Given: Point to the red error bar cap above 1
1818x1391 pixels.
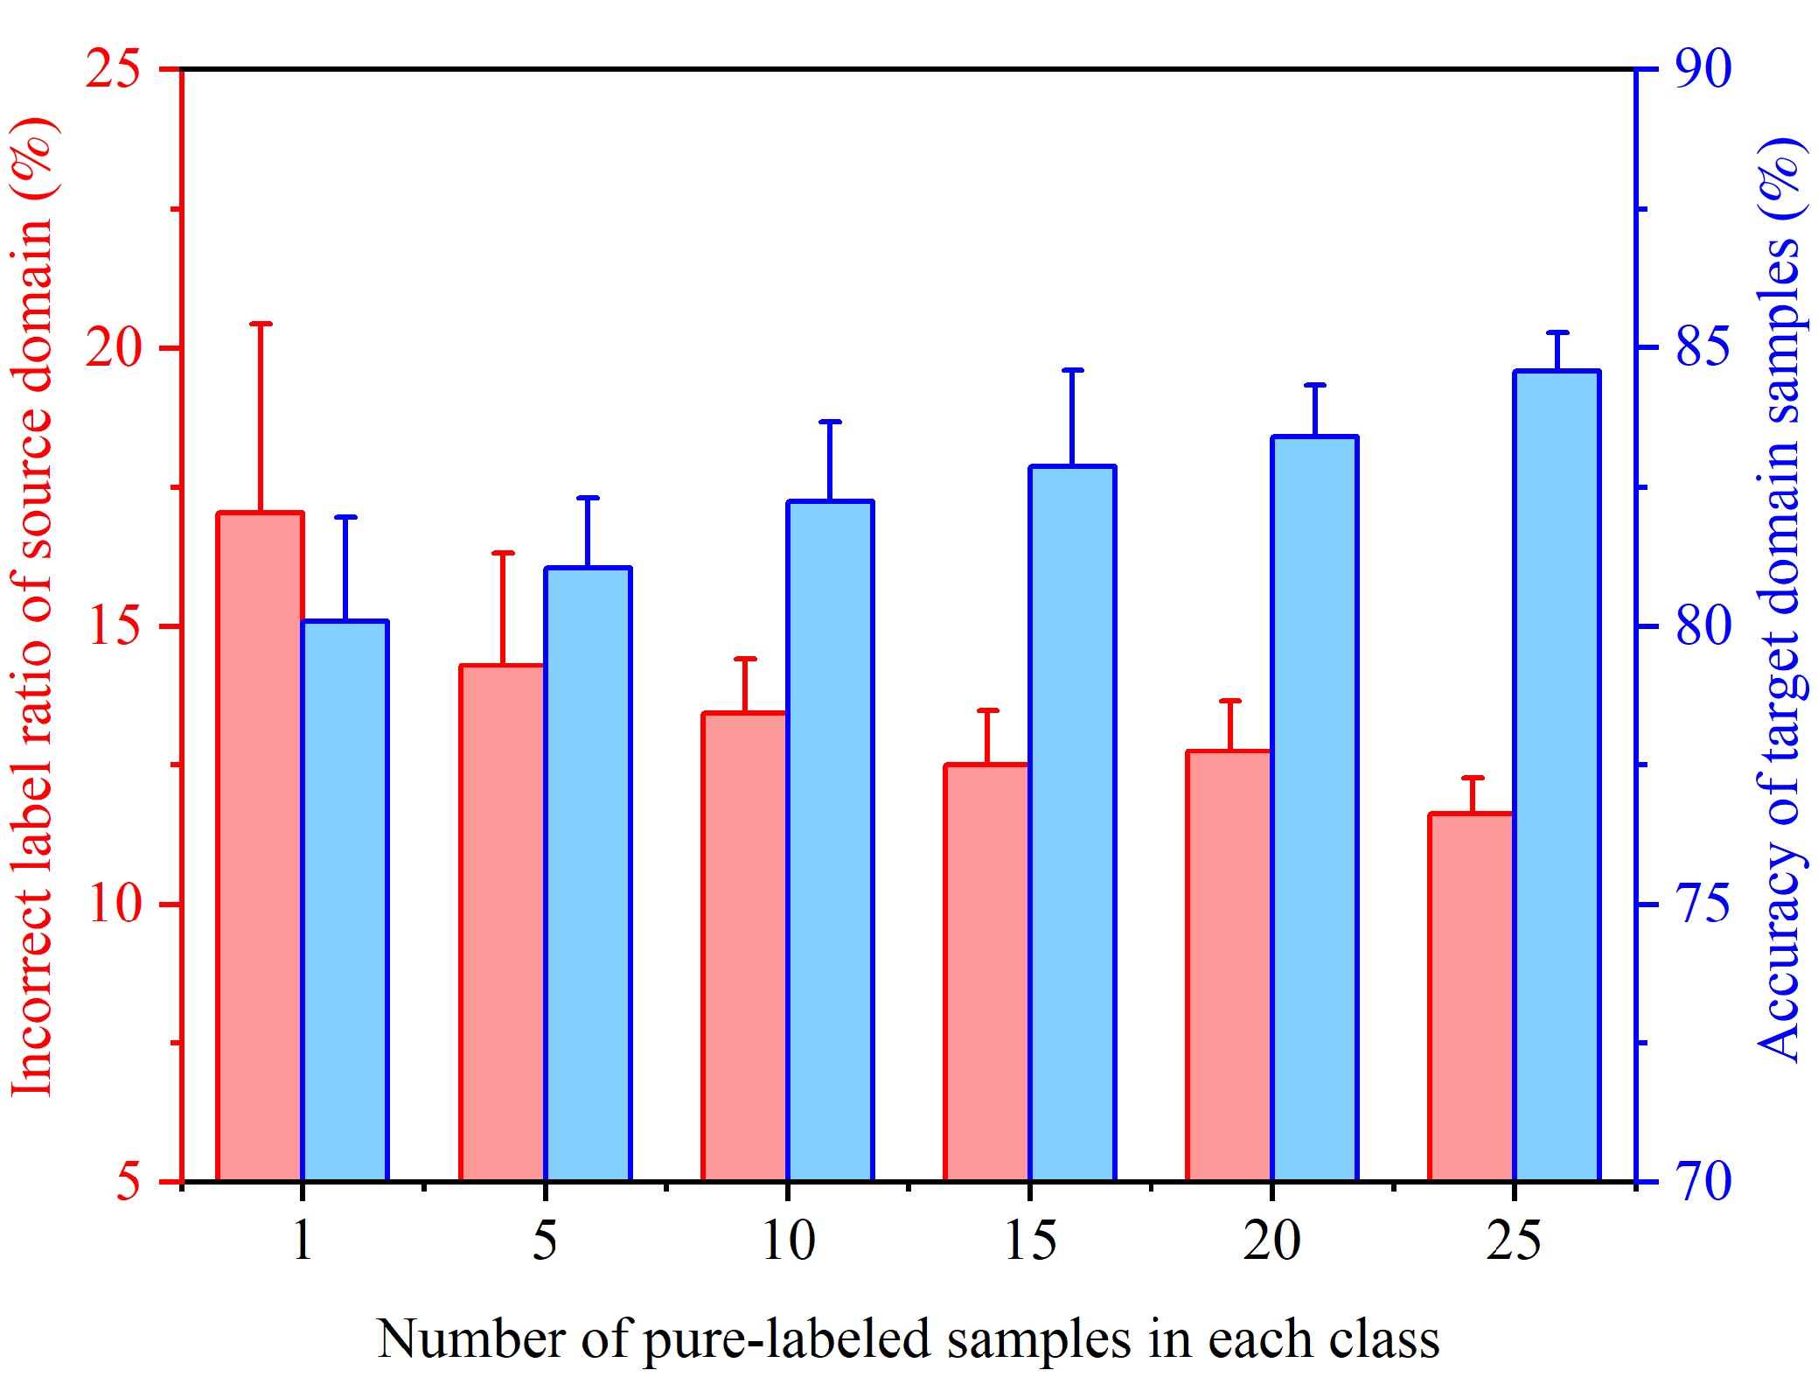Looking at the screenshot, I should coord(261,324).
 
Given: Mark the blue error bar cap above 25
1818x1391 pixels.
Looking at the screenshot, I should coord(1557,333).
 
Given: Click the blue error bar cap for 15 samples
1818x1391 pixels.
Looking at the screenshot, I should coord(1073,371).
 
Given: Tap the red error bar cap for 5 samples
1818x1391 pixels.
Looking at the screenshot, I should coord(503,554).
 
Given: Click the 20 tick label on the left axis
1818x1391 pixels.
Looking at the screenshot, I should coord(113,347).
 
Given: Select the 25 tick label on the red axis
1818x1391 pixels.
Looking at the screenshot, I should coord(113,68).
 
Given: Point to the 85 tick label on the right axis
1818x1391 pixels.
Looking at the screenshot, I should coord(1703,347).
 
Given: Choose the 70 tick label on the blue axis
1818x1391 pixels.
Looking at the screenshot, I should coord(1703,1181).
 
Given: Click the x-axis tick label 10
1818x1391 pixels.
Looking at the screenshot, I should coord(788,1241).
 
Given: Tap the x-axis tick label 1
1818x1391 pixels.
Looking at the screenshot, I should coord(303,1241).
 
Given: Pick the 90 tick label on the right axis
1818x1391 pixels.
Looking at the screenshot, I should coord(1703,68).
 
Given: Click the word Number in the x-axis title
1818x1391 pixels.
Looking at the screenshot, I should coord(470,1339).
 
